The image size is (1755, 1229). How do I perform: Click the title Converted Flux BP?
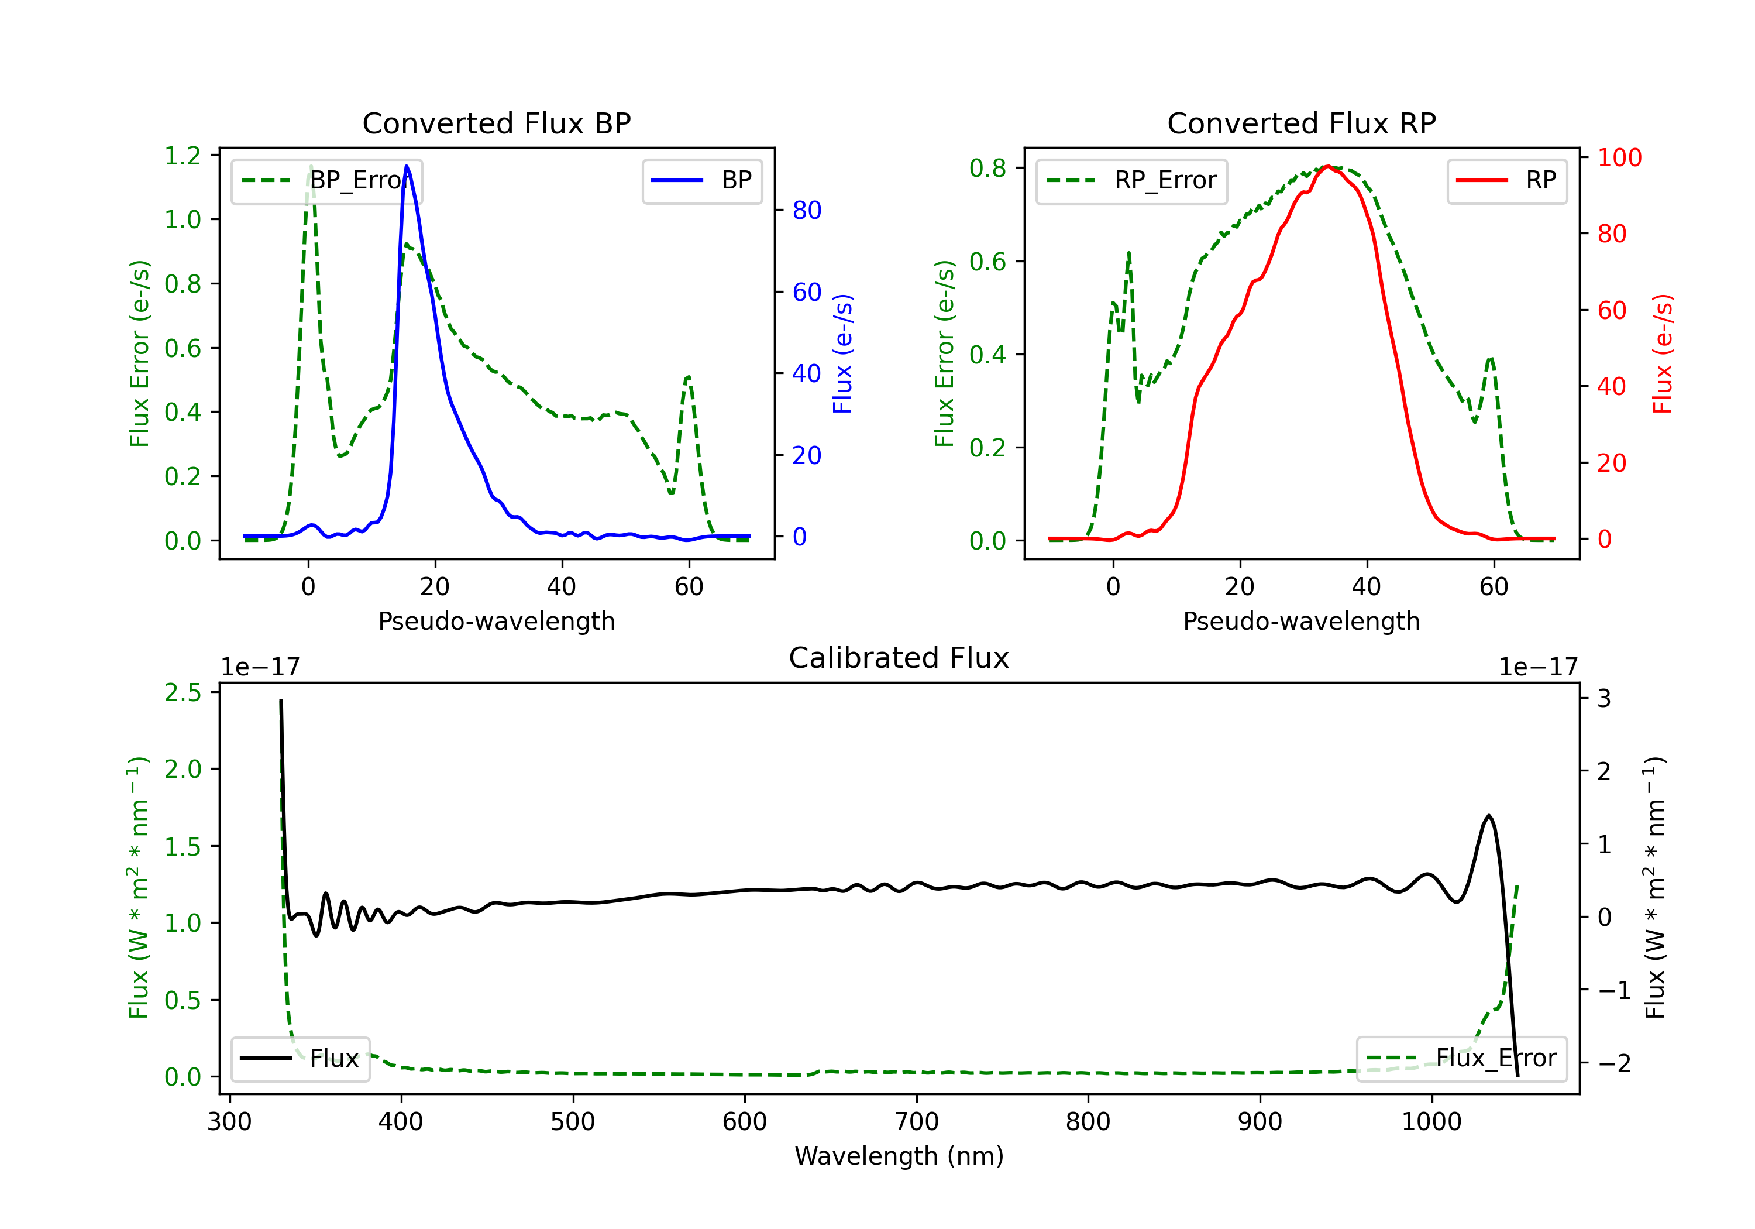click(496, 123)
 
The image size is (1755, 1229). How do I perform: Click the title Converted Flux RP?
click(1301, 123)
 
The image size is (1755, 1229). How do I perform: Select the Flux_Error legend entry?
click(1461, 1059)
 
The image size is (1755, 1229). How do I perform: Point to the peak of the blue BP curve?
click(407, 166)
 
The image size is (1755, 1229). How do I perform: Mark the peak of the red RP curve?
click(1328, 166)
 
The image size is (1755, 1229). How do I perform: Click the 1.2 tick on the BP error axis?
click(183, 156)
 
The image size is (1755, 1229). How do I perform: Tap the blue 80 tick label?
click(806, 210)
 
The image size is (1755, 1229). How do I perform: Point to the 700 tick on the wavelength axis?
click(917, 1122)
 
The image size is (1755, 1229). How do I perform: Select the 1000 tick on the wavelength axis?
click(1431, 1122)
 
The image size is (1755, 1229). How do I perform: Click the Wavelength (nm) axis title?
click(899, 1156)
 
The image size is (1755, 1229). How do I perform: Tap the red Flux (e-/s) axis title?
click(1663, 353)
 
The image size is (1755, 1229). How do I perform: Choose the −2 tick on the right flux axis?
click(1613, 1064)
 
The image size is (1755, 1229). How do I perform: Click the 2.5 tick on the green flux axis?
click(183, 693)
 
